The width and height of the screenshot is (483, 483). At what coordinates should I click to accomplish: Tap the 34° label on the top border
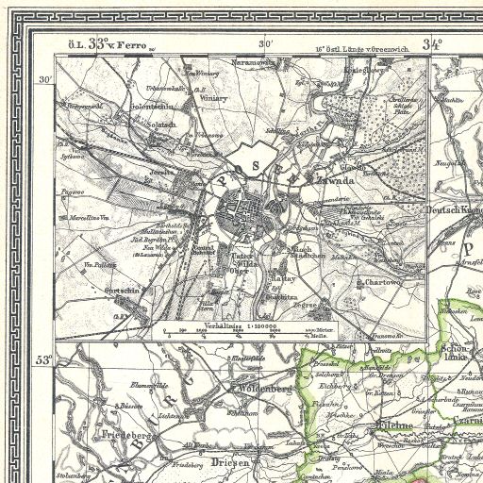click(433, 43)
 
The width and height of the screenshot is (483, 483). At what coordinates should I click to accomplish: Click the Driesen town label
click(225, 462)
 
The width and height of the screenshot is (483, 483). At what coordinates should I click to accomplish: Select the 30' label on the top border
click(267, 43)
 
